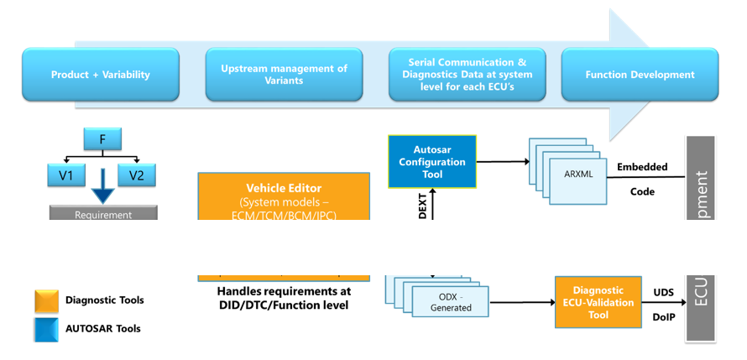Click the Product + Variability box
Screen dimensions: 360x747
pyautogui.click(x=101, y=75)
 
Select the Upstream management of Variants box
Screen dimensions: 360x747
pyautogui.click(x=284, y=75)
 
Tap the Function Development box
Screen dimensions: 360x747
pyautogui.click(x=640, y=75)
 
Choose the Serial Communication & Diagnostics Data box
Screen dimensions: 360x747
pyautogui.click(x=467, y=75)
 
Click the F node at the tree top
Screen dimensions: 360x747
pyautogui.click(x=102, y=139)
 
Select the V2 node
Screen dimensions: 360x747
pyautogui.click(x=138, y=175)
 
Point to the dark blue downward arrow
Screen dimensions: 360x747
pyautogui.click(x=102, y=186)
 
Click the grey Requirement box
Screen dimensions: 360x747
pyautogui.click(x=103, y=214)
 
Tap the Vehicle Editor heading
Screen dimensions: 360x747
pyautogui.click(x=284, y=188)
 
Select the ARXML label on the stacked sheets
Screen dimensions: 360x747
pyautogui.click(x=577, y=174)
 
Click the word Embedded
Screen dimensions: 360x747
pyautogui.click(x=642, y=167)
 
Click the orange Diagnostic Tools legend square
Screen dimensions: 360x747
pyautogui.click(x=46, y=300)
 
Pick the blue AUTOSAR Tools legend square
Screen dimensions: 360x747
pyautogui.click(x=46, y=329)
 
